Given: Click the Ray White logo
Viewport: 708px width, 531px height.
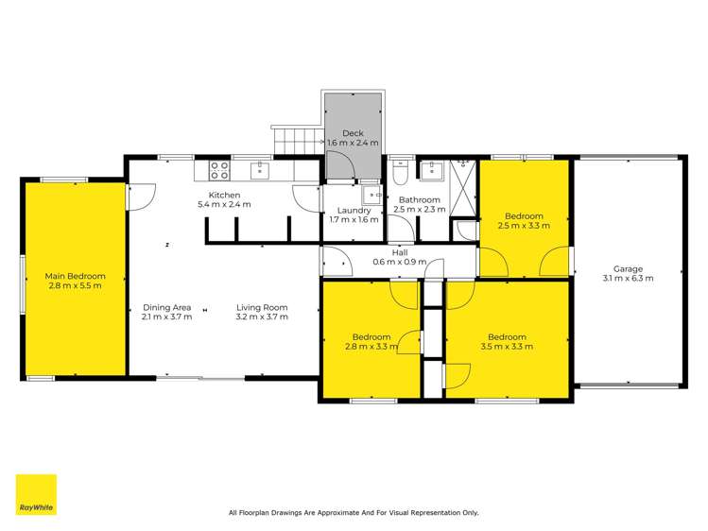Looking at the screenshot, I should [x=36, y=494].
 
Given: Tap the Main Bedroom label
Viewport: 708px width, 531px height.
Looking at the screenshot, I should [x=75, y=277].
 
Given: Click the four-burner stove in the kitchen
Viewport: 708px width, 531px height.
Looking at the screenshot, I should [x=218, y=170].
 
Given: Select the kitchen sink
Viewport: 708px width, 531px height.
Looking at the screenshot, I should [x=259, y=170].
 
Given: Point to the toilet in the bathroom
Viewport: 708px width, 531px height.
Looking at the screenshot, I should [x=399, y=175].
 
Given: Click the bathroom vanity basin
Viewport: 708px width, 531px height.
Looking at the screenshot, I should [x=433, y=171].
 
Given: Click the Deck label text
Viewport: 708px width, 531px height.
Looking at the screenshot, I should [x=353, y=133].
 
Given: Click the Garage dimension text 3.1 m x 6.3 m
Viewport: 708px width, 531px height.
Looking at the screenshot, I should [x=628, y=278].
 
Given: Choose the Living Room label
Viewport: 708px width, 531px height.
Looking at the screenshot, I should [x=262, y=307].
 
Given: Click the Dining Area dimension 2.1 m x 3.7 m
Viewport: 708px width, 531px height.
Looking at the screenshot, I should [x=167, y=317].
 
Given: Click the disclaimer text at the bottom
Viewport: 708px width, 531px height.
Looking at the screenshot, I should [x=354, y=513].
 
